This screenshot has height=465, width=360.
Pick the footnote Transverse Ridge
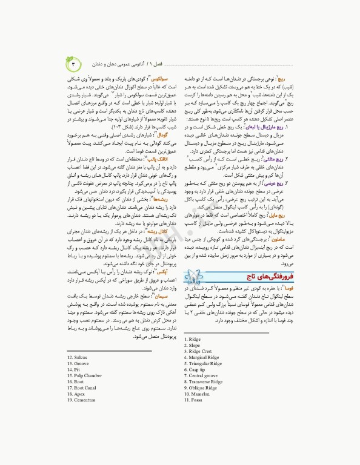206,381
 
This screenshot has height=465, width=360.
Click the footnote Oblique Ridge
204,387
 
